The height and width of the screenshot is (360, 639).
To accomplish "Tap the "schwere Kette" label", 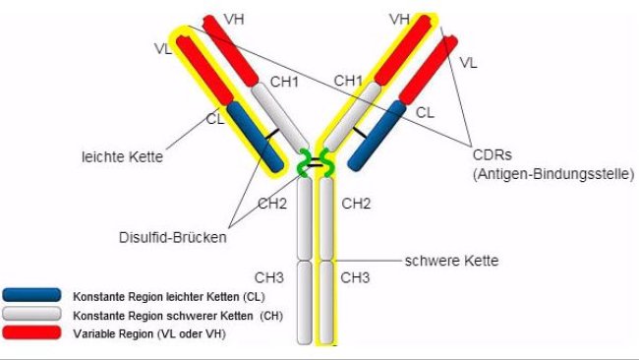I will tap(451, 261).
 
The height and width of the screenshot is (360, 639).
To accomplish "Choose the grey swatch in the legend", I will tap(34, 315).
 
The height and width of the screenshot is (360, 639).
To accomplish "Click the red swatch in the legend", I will tap(34, 334).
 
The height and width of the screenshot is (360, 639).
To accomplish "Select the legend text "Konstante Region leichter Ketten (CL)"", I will tap(162, 295).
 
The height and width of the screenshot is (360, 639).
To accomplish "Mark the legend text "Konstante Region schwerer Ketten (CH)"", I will tap(166, 315).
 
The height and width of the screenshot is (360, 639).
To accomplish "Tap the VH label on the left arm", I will tap(235, 19).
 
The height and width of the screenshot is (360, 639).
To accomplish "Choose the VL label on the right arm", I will tap(468, 62).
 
